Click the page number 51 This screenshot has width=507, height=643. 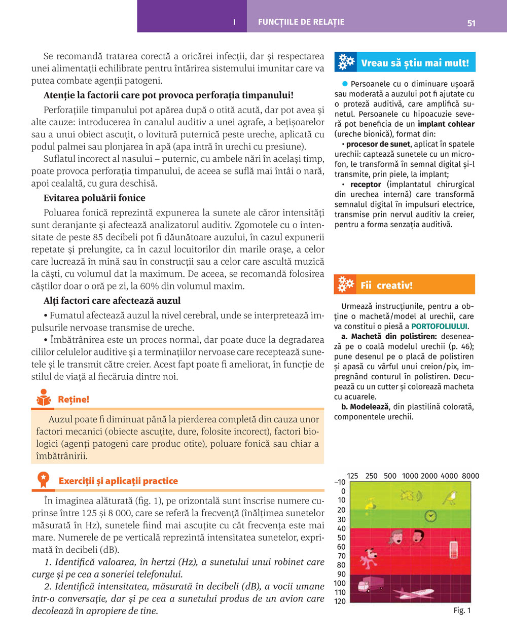pos(471,23)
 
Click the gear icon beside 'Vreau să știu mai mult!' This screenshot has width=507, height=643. pos(346,62)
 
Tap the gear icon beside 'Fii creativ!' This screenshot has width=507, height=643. pos(345,284)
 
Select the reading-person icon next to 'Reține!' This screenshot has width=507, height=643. pos(44,398)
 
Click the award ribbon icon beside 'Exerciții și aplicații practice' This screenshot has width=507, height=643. pos(44,480)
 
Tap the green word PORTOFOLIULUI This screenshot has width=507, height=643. pos(439,326)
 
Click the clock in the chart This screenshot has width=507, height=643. pos(430,516)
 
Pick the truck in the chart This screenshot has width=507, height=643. pos(370,584)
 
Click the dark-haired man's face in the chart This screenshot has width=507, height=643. pos(418,536)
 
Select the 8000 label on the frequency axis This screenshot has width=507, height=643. pos(470,476)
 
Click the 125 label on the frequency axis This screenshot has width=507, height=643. pos(352,476)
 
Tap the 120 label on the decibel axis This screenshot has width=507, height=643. pos(340,601)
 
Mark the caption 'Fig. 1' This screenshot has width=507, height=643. pos(462,610)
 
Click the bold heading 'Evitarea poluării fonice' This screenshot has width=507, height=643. pos(94,198)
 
